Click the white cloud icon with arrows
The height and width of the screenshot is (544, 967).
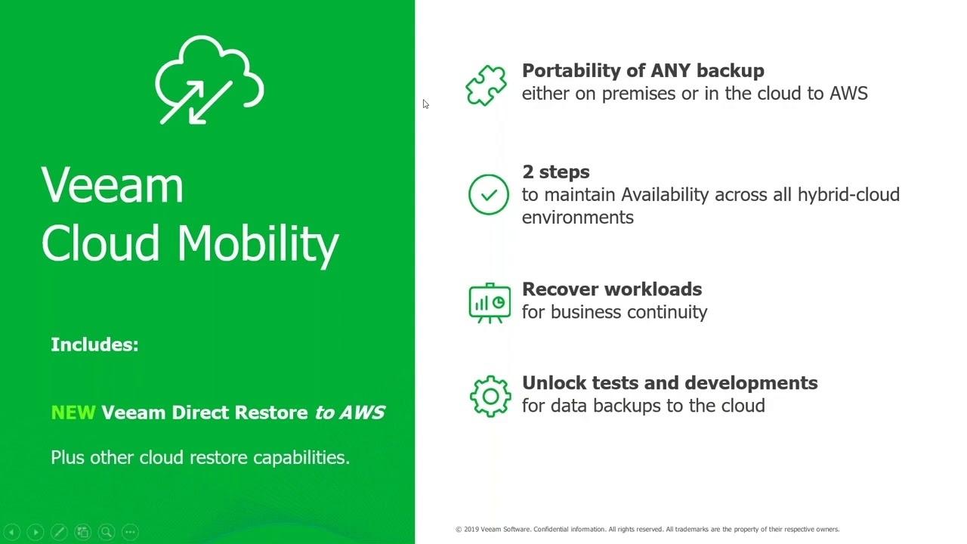pyautogui.click(x=209, y=80)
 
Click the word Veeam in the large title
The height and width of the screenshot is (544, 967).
pyautogui.click(x=113, y=186)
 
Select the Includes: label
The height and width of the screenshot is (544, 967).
pyautogui.click(x=94, y=345)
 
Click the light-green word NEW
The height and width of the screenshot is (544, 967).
pyautogui.click(x=73, y=413)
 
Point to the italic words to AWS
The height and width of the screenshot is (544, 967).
pyautogui.click(x=350, y=413)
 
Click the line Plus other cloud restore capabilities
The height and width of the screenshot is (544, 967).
pyautogui.click(x=199, y=458)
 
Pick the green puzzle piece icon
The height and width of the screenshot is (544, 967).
pyautogui.click(x=487, y=84)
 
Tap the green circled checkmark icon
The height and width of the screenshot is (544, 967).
pyautogui.click(x=489, y=195)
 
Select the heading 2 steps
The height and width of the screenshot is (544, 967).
pyautogui.click(x=555, y=172)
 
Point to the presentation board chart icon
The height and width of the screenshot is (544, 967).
pyautogui.click(x=490, y=302)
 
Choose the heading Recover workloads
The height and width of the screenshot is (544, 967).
pyautogui.click(x=611, y=289)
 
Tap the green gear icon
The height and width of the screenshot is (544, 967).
pyautogui.click(x=490, y=396)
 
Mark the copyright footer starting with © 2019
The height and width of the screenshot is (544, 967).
pyautogui.click(x=647, y=530)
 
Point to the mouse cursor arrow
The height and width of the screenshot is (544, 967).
pyautogui.click(x=425, y=104)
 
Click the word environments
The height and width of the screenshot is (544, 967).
pyautogui.click(x=577, y=218)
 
